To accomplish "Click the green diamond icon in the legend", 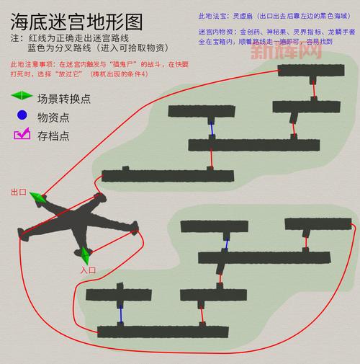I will point(23,95).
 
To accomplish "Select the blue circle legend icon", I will point(22,115).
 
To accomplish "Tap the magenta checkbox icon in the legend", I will point(22,134).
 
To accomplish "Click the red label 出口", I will point(18,193).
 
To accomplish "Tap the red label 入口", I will point(88,270).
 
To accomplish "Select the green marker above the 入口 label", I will point(86,254).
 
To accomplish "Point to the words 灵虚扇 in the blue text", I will point(233,15).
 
